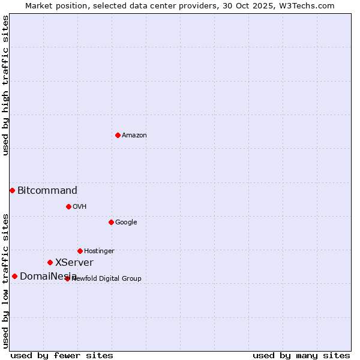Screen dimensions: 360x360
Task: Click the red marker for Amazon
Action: click(x=118, y=135)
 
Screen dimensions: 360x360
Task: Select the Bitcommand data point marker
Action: click(x=12, y=190)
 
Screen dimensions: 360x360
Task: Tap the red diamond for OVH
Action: click(x=68, y=206)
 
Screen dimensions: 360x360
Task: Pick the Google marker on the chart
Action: click(x=111, y=222)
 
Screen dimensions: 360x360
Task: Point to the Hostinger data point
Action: click(x=80, y=251)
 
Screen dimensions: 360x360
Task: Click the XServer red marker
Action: click(x=50, y=262)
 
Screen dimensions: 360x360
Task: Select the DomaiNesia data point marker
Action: click(x=14, y=276)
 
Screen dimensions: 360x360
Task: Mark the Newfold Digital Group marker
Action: click(x=67, y=278)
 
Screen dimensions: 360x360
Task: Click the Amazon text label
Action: click(x=134, y=135)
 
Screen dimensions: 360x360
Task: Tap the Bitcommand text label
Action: click(x=47, y=191)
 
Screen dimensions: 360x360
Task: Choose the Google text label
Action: click(x=126, y=222)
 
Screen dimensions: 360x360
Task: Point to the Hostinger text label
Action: click(x=99, y=251)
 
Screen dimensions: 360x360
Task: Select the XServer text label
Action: click(x=74, y=262)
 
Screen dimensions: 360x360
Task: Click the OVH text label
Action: click(x=80, y=206)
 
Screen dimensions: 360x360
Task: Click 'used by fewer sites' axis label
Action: click(x=62, y=355)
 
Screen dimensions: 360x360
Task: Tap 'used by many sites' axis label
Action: click(x=301, y=355)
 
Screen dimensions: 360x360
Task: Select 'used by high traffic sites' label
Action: click(x=5, y=86)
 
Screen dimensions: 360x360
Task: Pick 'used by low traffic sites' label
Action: click(x=5, y=281)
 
